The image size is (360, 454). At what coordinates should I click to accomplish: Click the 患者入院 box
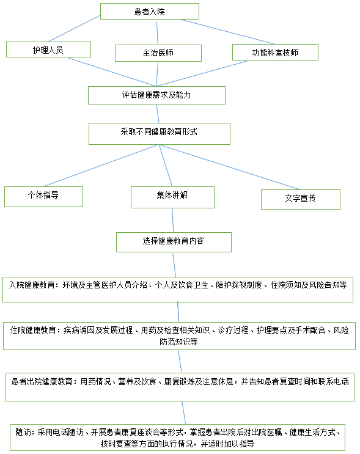[x=150, y=11]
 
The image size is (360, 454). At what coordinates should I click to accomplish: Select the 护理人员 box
[x=48, y=49]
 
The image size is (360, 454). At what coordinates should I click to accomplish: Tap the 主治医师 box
[x=158, y=53]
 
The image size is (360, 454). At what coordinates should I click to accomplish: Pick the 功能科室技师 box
[x=275, y=52]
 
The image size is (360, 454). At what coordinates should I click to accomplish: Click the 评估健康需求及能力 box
[x=156, y=95]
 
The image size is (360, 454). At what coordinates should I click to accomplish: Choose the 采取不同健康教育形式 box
[x=160, y=134]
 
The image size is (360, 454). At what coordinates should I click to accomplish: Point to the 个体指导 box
[x=44, y=197]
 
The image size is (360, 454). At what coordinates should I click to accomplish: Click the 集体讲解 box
[x=172, y=197]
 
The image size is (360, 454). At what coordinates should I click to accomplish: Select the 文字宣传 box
[x=301, y=199]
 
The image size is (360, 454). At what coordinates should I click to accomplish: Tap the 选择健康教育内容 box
[x=174, y=242]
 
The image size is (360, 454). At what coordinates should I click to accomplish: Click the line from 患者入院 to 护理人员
[x=74, y=28]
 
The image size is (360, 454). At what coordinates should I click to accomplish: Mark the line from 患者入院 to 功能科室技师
[x=227, y=32]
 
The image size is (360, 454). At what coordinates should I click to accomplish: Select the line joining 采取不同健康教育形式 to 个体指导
[x=101, y=166]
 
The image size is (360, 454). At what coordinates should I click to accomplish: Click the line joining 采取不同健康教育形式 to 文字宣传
[x=229, y=167]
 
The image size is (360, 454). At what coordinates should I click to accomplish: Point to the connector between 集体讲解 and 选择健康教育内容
[x=173, y=220]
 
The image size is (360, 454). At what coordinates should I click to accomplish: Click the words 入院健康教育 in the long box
[x=32, y=285]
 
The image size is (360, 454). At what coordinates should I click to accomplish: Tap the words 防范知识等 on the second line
[x=178, y=342]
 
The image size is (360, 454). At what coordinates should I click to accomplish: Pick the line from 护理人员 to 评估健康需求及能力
[x=112, y=72]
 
